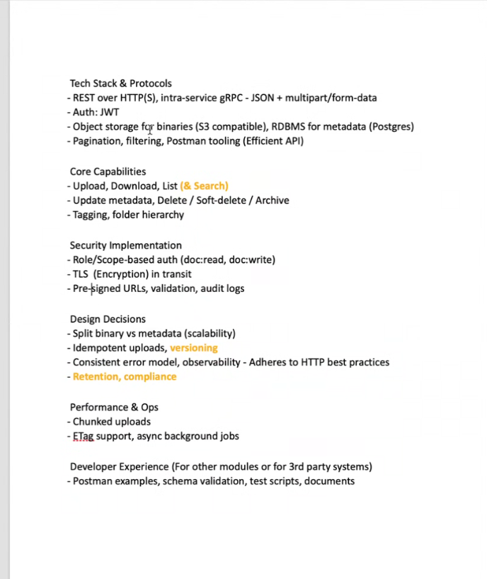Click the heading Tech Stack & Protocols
(x=120, y=84)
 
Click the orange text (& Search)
(x=205, y=186)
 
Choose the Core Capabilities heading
(x=108, y=172)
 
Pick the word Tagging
(x=90, y=215)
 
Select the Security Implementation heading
(x=125, y=245)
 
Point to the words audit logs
(x=224, y=288)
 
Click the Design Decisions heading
(x=108, y=319)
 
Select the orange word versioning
(x=194, y=348)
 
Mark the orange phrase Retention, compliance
(x=125, y=376)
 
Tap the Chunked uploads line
(x=111, y=422)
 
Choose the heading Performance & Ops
(x=114, y=407)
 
